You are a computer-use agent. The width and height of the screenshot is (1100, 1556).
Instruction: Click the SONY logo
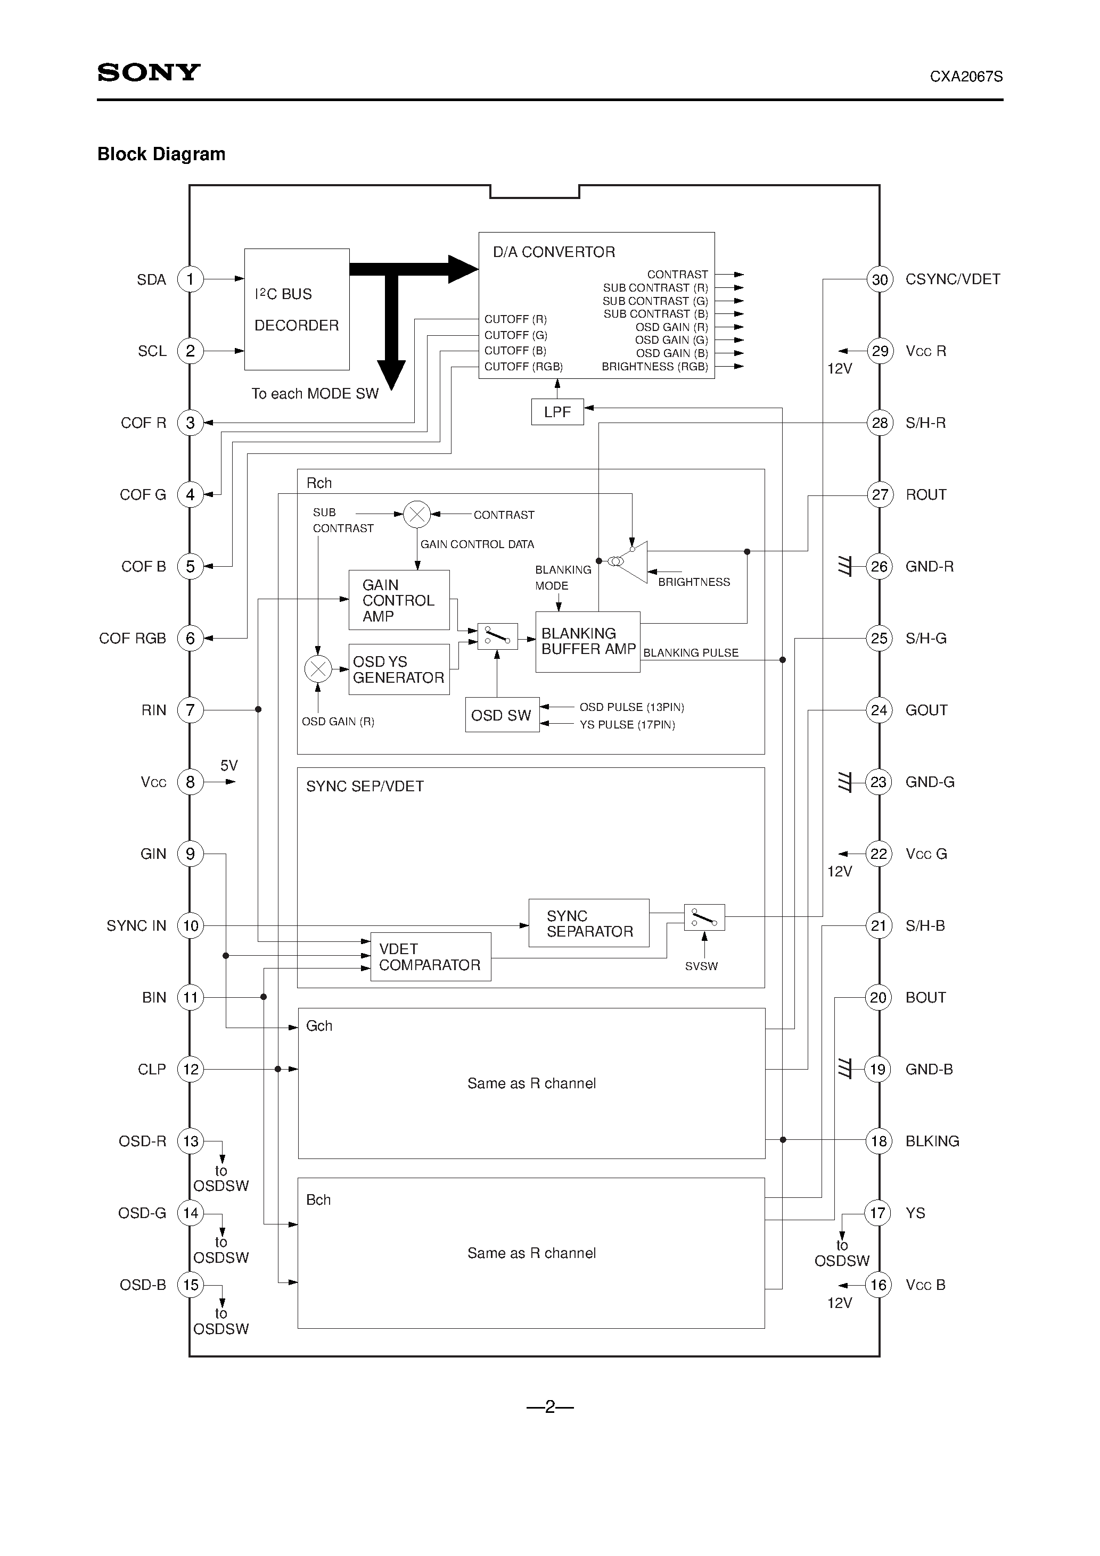149,72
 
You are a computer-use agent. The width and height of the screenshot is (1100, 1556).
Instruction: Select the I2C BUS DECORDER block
297,309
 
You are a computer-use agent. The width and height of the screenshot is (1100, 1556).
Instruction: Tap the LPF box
557,411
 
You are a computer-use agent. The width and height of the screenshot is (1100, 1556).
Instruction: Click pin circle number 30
879,279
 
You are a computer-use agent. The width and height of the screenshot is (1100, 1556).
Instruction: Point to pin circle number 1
190,279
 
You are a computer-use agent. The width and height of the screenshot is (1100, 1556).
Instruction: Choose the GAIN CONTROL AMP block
399,600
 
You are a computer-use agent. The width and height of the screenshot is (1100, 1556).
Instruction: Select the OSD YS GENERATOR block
399,669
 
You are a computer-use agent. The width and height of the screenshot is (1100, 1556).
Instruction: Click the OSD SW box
502,715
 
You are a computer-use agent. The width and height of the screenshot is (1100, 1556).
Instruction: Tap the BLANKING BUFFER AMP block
587,642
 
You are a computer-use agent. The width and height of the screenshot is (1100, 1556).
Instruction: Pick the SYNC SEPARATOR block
589,923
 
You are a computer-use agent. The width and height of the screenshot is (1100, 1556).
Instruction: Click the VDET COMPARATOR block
430,957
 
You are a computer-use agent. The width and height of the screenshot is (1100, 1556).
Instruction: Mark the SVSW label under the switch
701,966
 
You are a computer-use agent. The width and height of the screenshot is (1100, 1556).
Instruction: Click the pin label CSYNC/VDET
952,279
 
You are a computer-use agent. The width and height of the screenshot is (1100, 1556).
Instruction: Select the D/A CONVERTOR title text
553,252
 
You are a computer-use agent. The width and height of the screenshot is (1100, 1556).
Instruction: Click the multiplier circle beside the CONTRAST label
416,515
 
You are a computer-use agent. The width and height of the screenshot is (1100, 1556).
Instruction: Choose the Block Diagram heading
161,154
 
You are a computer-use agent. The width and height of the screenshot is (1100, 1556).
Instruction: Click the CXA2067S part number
966,77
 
